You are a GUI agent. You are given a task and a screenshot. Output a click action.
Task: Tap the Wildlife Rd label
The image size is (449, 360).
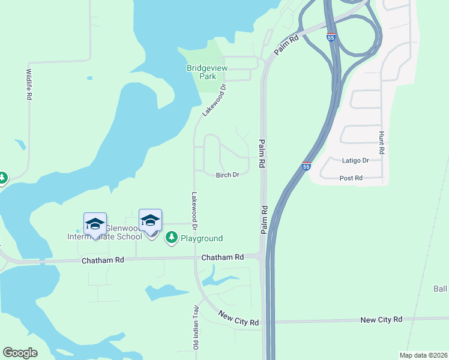click(29, 83)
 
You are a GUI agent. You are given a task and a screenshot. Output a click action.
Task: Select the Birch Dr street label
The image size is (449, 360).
click(228, 175)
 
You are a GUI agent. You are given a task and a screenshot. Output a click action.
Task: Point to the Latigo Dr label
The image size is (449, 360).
click(355, 161)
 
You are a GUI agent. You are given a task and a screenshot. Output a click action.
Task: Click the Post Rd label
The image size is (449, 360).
click(351, 178)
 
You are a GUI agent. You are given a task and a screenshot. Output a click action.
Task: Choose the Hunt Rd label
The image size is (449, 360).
click(381, 144)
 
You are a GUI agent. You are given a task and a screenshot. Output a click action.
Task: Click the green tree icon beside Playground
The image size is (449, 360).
click(172, 238)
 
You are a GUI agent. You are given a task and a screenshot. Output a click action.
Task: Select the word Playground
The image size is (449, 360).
click(202, 238)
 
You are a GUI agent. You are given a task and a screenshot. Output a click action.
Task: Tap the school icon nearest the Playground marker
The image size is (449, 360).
click(150, 221)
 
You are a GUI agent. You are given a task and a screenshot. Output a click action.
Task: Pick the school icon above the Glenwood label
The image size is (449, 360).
click(95, 224)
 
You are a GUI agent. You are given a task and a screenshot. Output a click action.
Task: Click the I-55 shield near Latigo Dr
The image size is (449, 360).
click(306, 166)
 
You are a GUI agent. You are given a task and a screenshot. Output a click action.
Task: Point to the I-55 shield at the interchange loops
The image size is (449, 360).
click(331, 37)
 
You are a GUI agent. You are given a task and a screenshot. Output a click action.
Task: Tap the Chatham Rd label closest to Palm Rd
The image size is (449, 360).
click(222, 257)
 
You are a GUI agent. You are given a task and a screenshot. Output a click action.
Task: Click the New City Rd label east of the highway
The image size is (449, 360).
click(381, 320)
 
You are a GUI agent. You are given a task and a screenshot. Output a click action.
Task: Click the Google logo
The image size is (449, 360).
click(20, 353)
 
